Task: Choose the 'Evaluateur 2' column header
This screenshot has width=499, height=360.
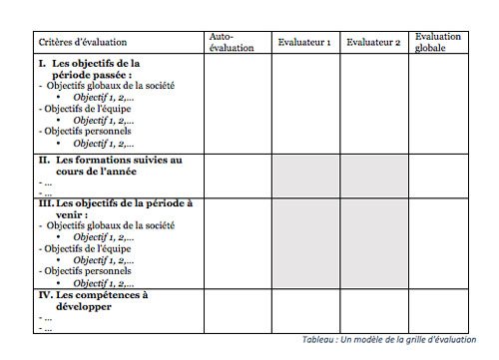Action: point(373,43)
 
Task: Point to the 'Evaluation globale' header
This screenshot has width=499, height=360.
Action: point(438,41)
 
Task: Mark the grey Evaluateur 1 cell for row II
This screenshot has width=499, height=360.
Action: point(306,175)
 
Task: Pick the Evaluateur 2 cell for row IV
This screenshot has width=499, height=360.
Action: point(374,309)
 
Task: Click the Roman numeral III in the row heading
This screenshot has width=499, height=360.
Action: point(45,203)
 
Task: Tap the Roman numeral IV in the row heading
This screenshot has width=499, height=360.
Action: point(44,294)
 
